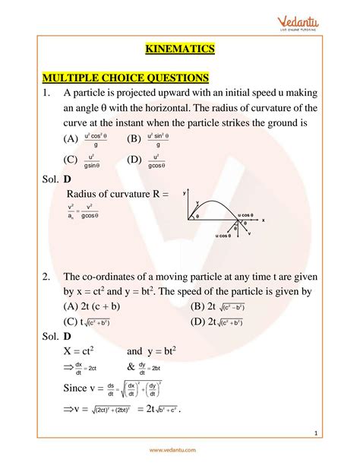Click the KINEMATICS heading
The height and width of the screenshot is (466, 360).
(x=179, y=49)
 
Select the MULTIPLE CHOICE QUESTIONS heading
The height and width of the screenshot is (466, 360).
(x=125, y=78)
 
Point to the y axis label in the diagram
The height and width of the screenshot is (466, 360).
(x=185, y=195)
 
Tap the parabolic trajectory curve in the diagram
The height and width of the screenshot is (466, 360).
(x=220, y=199)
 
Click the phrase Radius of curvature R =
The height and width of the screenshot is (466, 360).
(x=118, y=195)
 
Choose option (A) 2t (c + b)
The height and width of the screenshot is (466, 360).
(x=93, y=306)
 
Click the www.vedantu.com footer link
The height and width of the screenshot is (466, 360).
(x=179, y=451)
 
